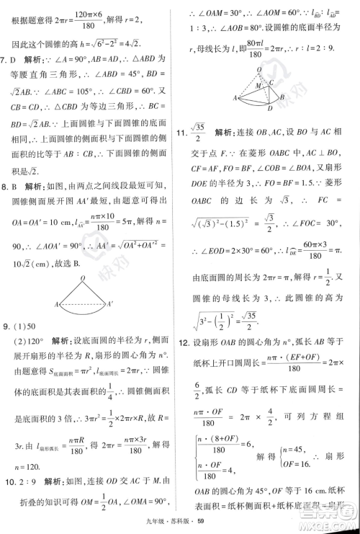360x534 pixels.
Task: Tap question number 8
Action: pyautogui.click(x=7, y=187)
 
